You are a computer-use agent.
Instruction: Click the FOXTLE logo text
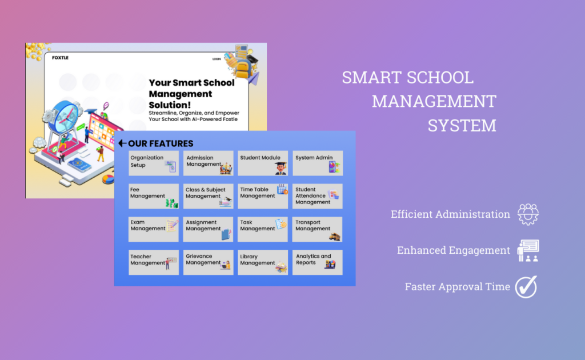[60, 58]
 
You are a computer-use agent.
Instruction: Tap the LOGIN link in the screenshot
[217, 59]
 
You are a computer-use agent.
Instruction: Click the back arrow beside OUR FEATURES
[122, 143]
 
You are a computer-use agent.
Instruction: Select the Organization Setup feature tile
[154, 163]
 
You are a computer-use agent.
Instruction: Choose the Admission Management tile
[208, 163]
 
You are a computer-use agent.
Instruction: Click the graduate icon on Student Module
[281, 168]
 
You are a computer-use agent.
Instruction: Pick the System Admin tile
[318, 163]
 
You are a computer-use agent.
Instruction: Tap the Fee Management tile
[154, 196]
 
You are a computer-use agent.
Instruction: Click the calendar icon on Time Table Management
[282, 189]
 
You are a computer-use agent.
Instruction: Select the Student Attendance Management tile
[318, 196]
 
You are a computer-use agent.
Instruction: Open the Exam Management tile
[154, 229]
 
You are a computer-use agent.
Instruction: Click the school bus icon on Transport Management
[335, 237]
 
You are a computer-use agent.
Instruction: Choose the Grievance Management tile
[208, 262]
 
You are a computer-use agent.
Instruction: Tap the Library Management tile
[263, 262]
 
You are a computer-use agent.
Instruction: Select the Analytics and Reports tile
[318, 262]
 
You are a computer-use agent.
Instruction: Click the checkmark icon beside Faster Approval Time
[526, 287]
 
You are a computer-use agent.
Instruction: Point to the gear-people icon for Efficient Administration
[528, 214]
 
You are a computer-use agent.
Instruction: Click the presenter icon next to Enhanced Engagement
[528, 250]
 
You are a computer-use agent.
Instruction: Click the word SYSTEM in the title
[462, 125]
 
